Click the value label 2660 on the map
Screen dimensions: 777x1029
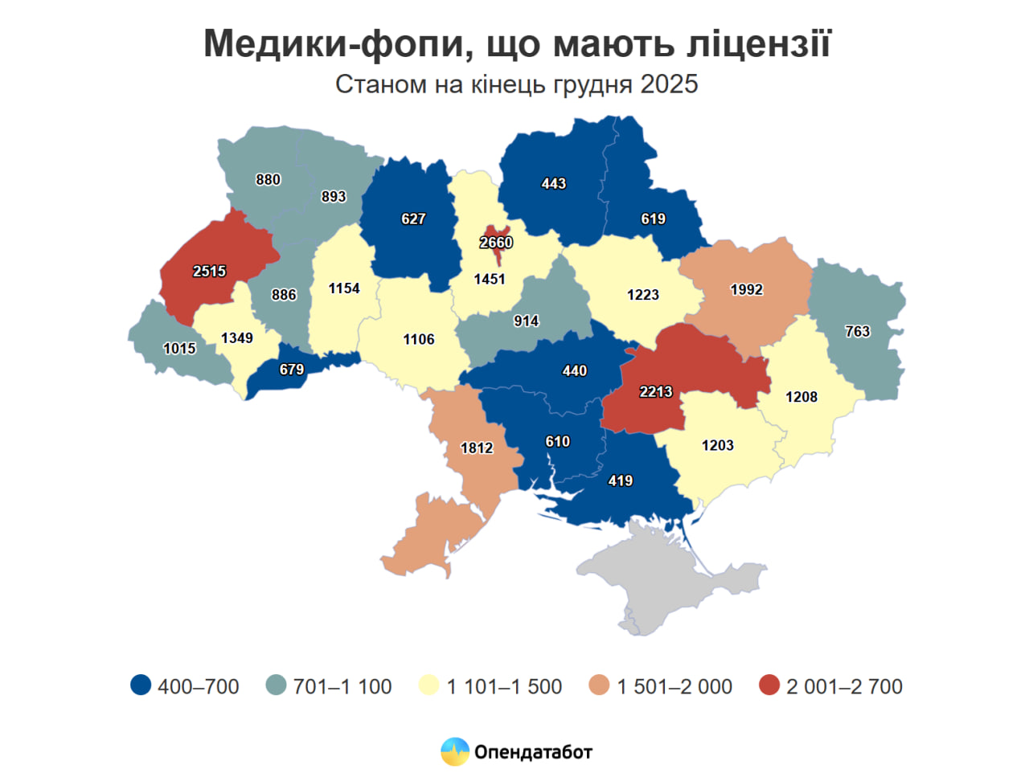click(x=496, y=243)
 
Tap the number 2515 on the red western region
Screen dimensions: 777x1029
click(x=209, y=272)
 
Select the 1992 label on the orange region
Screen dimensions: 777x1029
click(x=746, y=289)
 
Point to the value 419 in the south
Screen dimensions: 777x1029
click(x=620, y=481)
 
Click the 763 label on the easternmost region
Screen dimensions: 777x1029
click(x=857, y=331)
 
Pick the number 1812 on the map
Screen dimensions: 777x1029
click(x=477, y=448)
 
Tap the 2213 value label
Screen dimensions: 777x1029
click(x=655, y=391)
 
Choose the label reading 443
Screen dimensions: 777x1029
click(x=553, y=183)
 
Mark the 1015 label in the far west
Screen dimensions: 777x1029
click(x=179, y=348)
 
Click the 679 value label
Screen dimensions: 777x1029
click(x=291, y=369)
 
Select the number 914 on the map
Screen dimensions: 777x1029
click(x=526, y=321)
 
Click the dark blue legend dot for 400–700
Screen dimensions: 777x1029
click(x=141, y=685)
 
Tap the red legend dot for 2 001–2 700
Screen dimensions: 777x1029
click(x=769, y=685)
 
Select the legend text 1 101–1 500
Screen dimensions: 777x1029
click(x=504, y=686)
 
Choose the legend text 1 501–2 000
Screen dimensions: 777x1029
click(x=674, y=686)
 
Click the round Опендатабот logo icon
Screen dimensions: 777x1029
click(x=455, y=752)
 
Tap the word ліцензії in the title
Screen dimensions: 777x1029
click(x=758, y=43)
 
